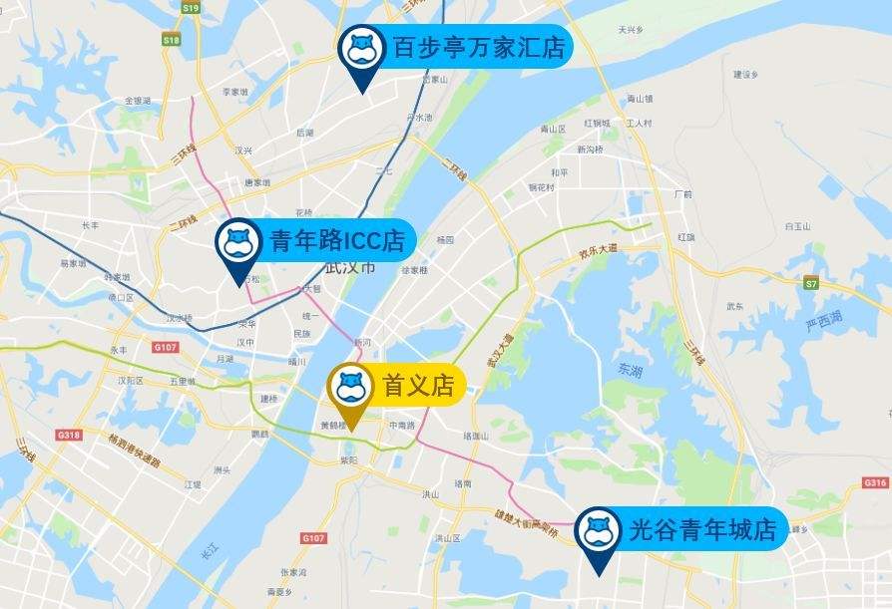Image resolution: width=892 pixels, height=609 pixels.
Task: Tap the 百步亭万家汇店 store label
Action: tap(478, 47)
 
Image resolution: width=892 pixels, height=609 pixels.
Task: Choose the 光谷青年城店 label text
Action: tap(702, 528)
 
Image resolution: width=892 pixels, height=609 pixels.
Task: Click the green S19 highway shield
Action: tap(190, 7)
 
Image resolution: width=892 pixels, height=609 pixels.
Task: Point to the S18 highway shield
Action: tap(171, 40)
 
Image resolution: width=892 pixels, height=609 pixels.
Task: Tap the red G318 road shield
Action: tap(68, 435)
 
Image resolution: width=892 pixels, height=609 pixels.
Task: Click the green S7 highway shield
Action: tap(811, 283)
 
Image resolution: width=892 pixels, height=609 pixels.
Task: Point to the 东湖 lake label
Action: tap(631, 369)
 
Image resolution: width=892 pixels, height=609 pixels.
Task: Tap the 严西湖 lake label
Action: tap(824, 319)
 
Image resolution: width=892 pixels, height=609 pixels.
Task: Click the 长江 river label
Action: tap(209, 549)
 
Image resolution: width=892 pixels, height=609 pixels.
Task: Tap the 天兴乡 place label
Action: tap(630, 30)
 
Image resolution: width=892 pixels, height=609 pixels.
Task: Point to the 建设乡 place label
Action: tap(746, 74)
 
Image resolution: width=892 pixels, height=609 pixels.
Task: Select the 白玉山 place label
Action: tap(797, 226)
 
